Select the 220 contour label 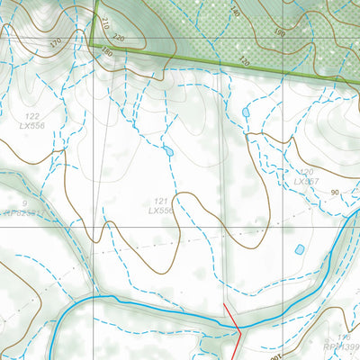point(120,38)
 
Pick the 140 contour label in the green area point(235,12)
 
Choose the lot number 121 point(161,201)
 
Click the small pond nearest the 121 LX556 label point(167,150)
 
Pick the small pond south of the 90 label point(299,249)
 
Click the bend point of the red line point(240,330)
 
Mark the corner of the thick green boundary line point(90,42)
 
